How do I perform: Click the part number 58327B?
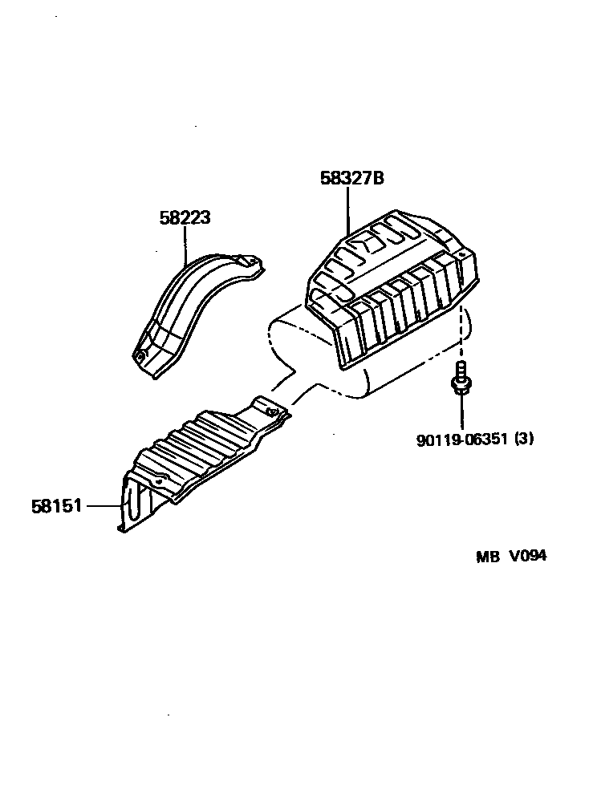351,178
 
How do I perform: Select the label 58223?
184,217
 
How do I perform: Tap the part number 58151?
57,507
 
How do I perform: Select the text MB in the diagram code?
487,557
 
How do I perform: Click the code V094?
526,557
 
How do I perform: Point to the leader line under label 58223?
185,245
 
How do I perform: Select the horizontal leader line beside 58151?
102,507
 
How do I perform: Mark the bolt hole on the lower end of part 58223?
142,355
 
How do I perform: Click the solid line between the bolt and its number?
462,411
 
